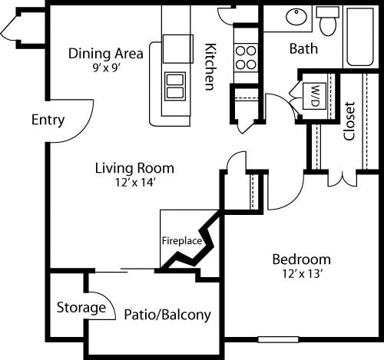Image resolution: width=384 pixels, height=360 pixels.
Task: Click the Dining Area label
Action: coord(106,54)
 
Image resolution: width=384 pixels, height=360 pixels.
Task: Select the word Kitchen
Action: coord(209,66)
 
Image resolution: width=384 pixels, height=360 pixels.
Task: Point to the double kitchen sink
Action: coord(176,84)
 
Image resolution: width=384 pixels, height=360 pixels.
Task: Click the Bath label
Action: coord(303,49)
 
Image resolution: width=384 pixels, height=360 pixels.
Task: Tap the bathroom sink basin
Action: coord(294,17)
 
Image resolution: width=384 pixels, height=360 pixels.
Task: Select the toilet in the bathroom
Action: coord(328,21)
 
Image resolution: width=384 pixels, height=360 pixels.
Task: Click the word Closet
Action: coord(349,121)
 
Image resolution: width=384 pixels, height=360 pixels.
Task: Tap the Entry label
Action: coord(48,121)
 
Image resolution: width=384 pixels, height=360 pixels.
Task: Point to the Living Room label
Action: coord(134,167)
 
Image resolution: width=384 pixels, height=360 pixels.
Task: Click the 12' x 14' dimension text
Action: coord(134,182)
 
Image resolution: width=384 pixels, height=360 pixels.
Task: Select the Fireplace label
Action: coord(181,240)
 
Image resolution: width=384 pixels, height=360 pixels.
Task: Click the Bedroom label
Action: coord(301,259)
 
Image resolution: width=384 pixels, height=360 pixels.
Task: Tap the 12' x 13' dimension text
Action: coord(301,272)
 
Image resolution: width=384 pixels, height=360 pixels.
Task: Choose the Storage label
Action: coord(81,308)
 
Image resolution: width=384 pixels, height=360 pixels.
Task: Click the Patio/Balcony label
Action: coord(167,315)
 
